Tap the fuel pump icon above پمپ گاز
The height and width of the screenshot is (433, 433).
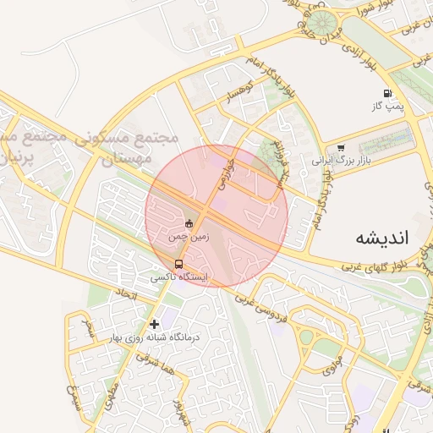point(387,93)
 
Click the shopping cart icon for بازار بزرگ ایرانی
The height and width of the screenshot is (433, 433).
point(340,147)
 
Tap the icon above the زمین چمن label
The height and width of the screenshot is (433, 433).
point(189,224)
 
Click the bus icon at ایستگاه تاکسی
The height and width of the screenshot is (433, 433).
point(178,263)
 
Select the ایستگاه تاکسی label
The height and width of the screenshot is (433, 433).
point(179,277)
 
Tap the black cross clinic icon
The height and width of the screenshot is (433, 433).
point(154,323)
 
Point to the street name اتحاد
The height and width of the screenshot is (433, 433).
point(123,295)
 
